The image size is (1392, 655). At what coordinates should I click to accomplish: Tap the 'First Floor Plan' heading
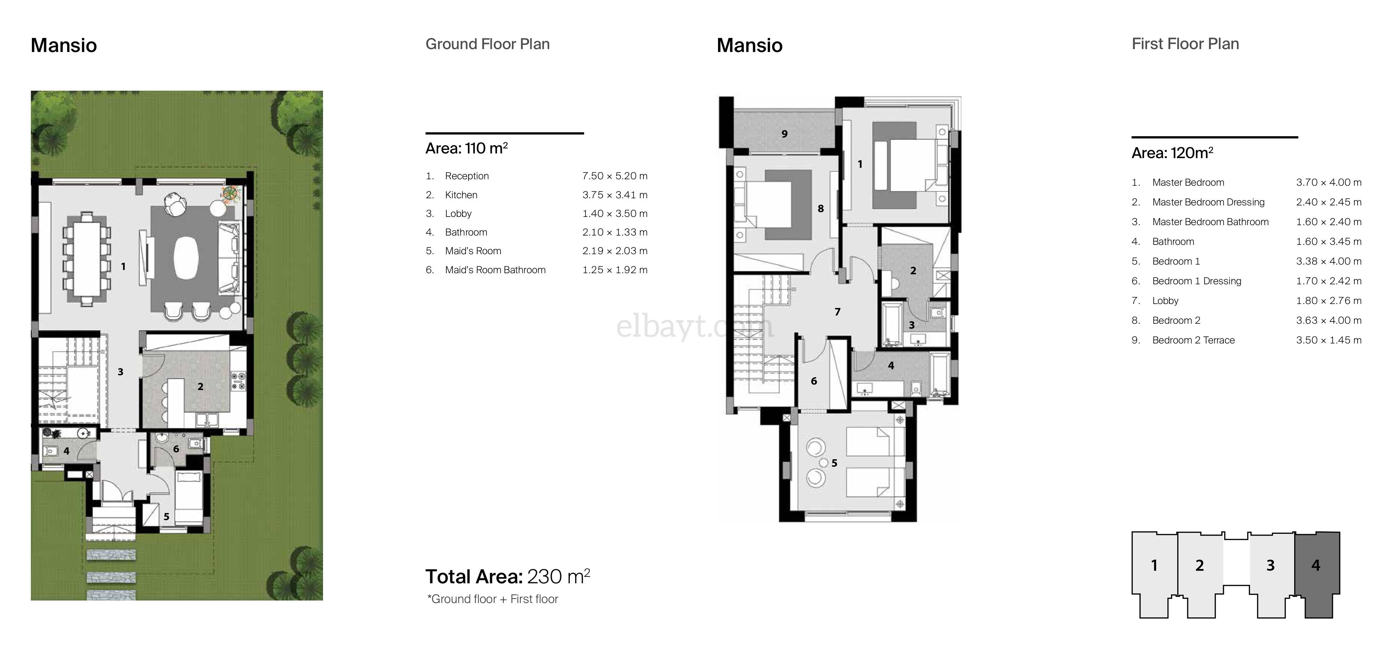1185,44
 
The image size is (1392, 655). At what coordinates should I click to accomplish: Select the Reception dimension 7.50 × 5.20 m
614,176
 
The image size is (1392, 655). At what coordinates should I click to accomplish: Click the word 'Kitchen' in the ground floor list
461,195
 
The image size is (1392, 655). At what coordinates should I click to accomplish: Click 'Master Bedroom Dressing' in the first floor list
1208,202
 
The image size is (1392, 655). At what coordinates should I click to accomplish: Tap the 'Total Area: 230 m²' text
507,576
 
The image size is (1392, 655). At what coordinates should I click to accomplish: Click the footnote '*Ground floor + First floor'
492,599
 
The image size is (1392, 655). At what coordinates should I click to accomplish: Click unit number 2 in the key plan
1199,565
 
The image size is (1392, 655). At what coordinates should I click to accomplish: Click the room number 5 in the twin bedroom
834,463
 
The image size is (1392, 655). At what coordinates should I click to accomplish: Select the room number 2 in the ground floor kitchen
200,386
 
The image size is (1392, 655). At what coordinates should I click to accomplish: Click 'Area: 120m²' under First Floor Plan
1172,153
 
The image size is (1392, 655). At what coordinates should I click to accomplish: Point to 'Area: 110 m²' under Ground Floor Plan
466,148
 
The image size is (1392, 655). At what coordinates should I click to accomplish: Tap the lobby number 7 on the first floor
837,312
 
